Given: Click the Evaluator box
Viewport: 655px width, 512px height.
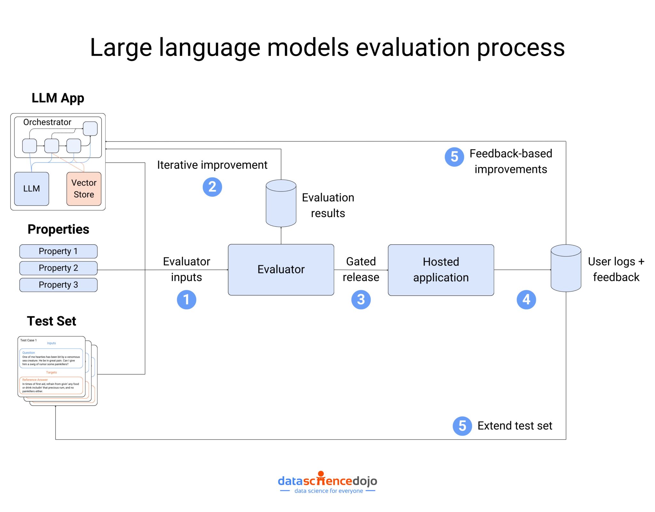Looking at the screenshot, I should click(281, 269).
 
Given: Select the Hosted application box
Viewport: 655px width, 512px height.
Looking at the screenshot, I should click(441, 270).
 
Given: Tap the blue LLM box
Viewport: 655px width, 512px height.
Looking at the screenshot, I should click(31, 188).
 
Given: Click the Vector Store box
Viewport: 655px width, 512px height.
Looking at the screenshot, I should click(84, 188).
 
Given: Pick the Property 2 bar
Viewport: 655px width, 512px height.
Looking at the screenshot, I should click(58, 268).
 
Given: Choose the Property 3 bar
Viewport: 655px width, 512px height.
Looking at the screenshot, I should click(58, 285).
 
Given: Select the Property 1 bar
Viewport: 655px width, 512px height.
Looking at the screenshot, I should click(58, 251).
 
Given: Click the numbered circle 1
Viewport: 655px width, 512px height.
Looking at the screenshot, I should click(186, 300).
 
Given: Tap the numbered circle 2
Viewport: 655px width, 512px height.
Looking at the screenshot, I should click(212, 187).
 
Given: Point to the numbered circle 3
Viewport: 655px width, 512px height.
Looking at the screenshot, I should click(361, 300).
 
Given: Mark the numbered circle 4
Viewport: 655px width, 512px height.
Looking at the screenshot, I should click(526, 300).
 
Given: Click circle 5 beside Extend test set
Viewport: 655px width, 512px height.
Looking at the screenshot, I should click(462, 426).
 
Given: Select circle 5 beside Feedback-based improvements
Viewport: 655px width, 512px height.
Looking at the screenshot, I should click(454, 157).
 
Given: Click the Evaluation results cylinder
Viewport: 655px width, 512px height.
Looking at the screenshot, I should click(281, 204).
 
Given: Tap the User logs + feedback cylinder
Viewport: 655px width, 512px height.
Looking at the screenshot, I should click(566, 268).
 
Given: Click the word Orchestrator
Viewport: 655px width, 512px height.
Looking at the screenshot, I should click(47, 122).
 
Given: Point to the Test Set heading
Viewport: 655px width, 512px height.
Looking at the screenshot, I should click(51, 321).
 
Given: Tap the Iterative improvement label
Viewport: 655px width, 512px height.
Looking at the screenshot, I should click(212, 165).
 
